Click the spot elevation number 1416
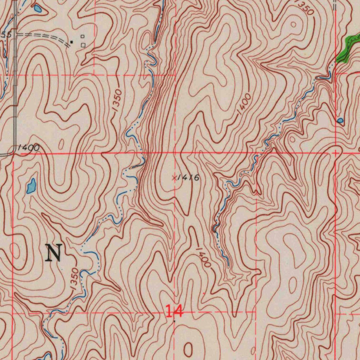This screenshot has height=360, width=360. click(x=188, y=178)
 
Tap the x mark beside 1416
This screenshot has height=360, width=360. click(x=174, y=178)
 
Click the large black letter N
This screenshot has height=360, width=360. click(x=54, y=253)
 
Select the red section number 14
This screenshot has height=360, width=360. click(x=174, y=311)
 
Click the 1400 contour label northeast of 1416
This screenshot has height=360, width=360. click(x=244, y=104)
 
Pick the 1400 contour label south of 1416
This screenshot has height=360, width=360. click(x=203, y=257)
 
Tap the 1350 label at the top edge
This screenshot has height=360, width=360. click(x=304, y=7)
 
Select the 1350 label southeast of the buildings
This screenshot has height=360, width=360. click(x=117, y=101)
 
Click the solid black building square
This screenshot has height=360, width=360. click(x=72, y=42)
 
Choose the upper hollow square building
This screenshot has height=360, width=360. click(x=83, y=36)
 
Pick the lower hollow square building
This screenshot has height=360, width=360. click(x=83, y=45)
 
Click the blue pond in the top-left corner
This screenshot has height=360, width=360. click(x=38, y=8)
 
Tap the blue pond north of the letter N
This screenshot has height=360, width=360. click(x=31, y=186)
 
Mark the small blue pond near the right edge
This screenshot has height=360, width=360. click(x=340, y=121)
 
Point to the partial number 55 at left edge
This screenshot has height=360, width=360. click(x=7, y=34)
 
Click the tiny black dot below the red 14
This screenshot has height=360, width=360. click(x=174, y=321)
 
